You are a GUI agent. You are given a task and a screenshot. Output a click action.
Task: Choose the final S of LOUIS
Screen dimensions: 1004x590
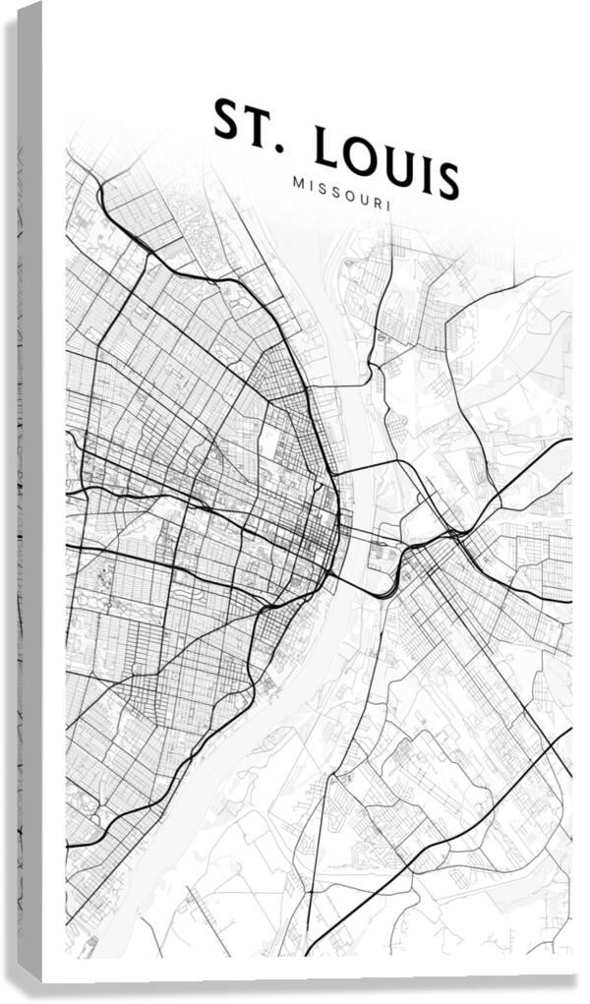[446, 182]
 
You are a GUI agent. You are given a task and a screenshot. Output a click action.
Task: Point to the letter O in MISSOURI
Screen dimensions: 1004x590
[346, 195]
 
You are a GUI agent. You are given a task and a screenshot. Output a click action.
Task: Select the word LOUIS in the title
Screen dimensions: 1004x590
[387, 164]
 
